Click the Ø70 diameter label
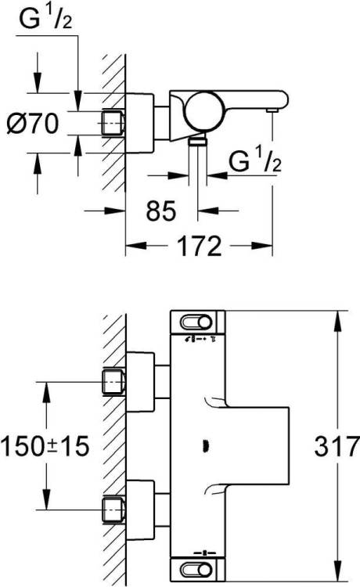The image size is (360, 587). tap(33, 123)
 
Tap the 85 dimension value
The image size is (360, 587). tap(161, 211)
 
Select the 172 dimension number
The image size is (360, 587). tap(199, 246)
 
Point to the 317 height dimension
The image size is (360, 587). tap(337, 446)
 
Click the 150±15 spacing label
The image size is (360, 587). tap(45, 446)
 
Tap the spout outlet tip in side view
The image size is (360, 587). tap(272, 110)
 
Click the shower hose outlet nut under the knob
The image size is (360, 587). tap(197, 141)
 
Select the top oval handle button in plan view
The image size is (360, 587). tap(196, 322)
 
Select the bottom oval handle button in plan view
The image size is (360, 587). tap(196, 570)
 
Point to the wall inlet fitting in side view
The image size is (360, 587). tap(112, 123)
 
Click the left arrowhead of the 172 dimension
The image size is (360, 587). tap(135, 246)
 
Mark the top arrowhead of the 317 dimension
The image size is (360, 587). tap(338, 321)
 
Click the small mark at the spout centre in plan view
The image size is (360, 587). tap(206, 446)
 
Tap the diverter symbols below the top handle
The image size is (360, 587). tap(201, 340)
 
